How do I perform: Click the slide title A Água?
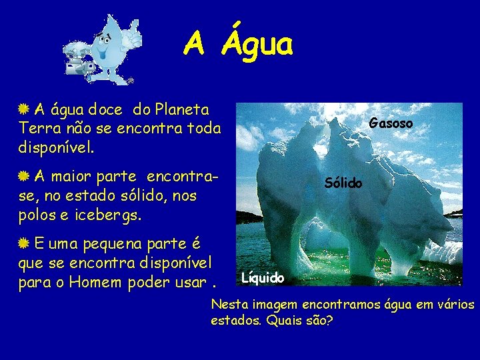238,45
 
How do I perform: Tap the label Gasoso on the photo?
391,123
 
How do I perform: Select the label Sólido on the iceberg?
343,183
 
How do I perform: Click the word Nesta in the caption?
229,305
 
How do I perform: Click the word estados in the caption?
234,321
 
